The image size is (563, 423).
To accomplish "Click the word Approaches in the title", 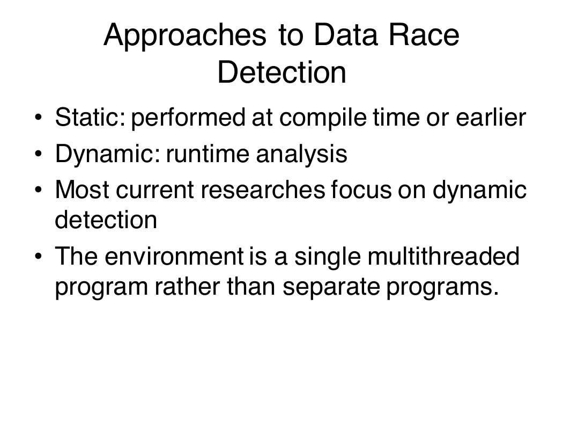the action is pyautogui.click(x=185, y=36).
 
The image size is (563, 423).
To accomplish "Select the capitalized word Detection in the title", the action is pyautogui.click(x=282, y=72).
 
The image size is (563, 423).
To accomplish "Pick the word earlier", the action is pyautogui.click(x=491, y=117).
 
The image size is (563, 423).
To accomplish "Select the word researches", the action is pyautogui.click(x=263, y=189).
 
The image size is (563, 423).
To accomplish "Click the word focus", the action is pyautogui.click(x=361, y=189).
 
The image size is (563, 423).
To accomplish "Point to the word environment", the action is pyautogui.click(x=174, y=256).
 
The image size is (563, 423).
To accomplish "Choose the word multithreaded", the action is pyautogui.click(x=443, y=256).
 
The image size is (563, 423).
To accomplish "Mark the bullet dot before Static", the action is pyautogui.click(x=39, y=117).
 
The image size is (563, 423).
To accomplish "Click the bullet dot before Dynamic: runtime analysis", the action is pyautogui.click(x=39, y=154).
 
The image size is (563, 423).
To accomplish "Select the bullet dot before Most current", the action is pyautogui.click(x=39, y=189).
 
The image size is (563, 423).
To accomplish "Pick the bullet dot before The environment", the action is pyautogui.click(x=39, y=256).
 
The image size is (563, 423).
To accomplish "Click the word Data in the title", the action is pyautogui.click(x=346, y=35).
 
